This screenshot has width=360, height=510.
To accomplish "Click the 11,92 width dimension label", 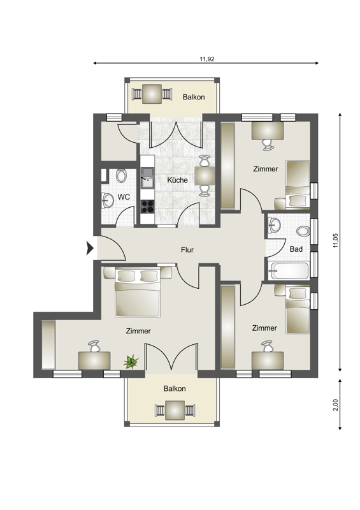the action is point(207,59).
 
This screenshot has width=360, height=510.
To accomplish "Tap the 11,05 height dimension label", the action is point(336,240).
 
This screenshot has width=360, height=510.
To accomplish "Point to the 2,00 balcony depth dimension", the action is point(336,405).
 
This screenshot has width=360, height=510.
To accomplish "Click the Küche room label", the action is point(177,180).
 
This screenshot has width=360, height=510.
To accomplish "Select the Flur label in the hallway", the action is point(187,250).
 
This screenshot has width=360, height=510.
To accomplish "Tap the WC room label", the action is point(124,197).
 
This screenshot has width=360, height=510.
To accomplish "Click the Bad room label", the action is point(296,249).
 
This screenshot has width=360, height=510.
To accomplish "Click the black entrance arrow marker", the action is point(90,249).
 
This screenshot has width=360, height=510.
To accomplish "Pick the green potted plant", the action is point(131,361).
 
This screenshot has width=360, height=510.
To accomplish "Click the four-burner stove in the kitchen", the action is point(147,206).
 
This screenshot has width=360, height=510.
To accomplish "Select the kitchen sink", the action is point(147,178).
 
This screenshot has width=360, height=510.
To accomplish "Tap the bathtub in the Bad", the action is point(289,270).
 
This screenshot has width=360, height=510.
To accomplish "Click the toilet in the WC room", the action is point(121,176).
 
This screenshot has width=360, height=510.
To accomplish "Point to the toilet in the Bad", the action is point(303,231).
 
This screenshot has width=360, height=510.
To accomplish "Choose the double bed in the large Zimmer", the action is point(138,293).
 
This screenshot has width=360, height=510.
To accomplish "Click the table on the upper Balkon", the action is point(152,94).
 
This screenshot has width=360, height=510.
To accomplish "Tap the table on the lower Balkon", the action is point(175,411).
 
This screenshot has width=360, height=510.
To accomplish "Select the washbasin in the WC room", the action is point(106,200).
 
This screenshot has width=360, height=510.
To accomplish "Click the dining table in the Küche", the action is point(205,176).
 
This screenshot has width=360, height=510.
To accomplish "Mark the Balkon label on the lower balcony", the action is point(175,389).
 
